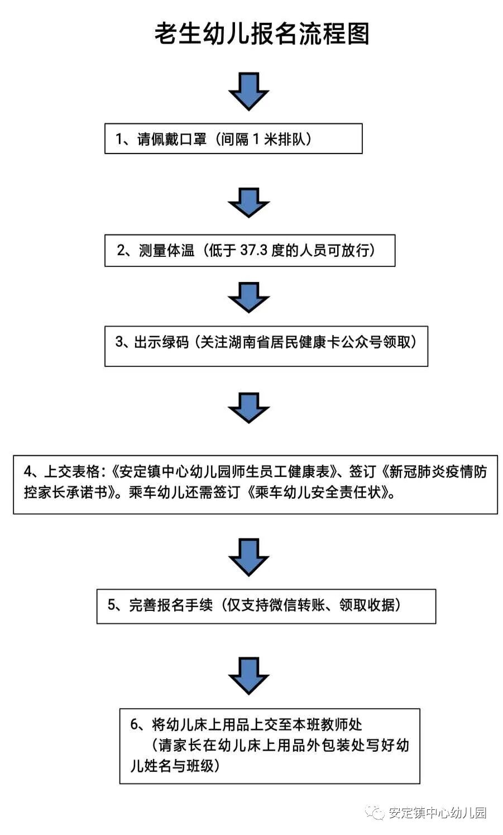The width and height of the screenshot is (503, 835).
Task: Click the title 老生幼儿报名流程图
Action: pyautogui.click(x=262, y=34)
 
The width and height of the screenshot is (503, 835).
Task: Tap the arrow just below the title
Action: pyautogui.click(x=249, y=90)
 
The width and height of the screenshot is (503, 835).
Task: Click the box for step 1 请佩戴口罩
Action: pyautogui.click(x=233, y=139)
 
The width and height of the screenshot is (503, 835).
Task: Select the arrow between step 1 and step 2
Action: pyautogui.click(x=249, y=202)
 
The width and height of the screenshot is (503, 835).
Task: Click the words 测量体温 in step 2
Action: pyautogui.click(x=166, y=250)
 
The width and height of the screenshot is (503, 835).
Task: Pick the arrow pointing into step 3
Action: pyautogui.click(x=249, y=297)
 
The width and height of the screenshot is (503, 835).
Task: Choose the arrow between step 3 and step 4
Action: pyautogui.click(x=249, y=407)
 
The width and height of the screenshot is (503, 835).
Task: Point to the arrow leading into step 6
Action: pyautogui.click(x=249, y=675)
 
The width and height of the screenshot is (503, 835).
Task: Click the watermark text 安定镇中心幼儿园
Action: pyautogui.click(x=437, y=813)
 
